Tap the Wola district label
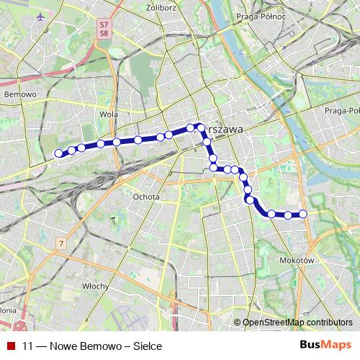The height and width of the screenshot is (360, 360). pyautogui.click(x=109, y=114)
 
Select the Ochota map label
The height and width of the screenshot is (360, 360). pyautogui.click(x=145, y=195)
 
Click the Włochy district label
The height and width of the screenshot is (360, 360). pyautogui.click(x=95, y=285)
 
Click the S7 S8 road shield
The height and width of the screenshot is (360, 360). pyautogui.click(x=104, y=29)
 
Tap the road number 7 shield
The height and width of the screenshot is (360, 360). pyautogui.click(x=63, y=244)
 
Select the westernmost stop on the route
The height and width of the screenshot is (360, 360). pyautogui.click(x=59, y=153)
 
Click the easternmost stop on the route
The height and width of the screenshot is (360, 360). pyautogui.click(x=303, y=213)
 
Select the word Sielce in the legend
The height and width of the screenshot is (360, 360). pyautogui.click(x=146, y=346)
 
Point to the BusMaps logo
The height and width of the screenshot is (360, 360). pyautogui.click(x=325, y=345)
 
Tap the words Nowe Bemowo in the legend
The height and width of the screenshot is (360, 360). pyautogui.click(x=86, y=346)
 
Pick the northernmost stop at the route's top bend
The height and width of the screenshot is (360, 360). pyautogui.click(x=201, y=127)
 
